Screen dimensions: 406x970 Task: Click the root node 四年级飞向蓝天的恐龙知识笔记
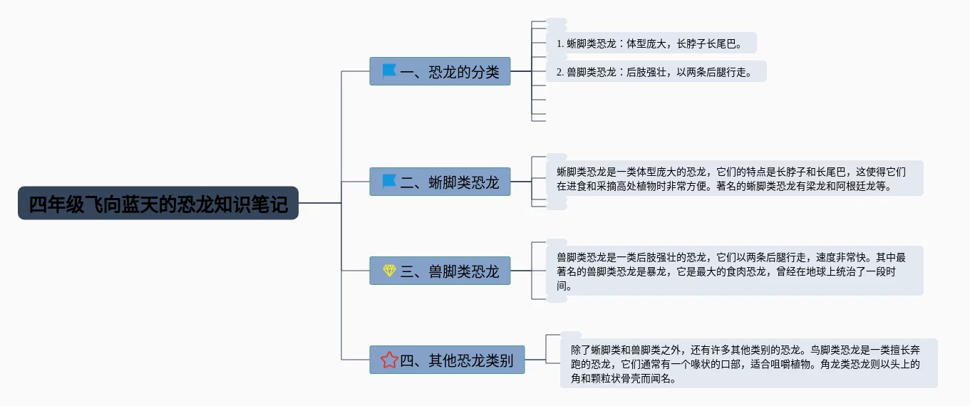158,204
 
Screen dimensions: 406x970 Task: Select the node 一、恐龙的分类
440,71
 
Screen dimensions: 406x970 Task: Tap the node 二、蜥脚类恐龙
440,182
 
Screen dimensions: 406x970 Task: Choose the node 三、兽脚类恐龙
440,271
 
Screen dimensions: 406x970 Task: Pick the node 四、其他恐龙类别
447,360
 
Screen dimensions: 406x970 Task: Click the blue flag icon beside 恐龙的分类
388,71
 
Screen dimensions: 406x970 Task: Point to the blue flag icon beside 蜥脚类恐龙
388,182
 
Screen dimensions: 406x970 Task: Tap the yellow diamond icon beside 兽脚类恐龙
388,271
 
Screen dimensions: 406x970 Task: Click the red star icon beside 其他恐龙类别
388,360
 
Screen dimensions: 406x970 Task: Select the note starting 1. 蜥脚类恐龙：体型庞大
649,43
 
